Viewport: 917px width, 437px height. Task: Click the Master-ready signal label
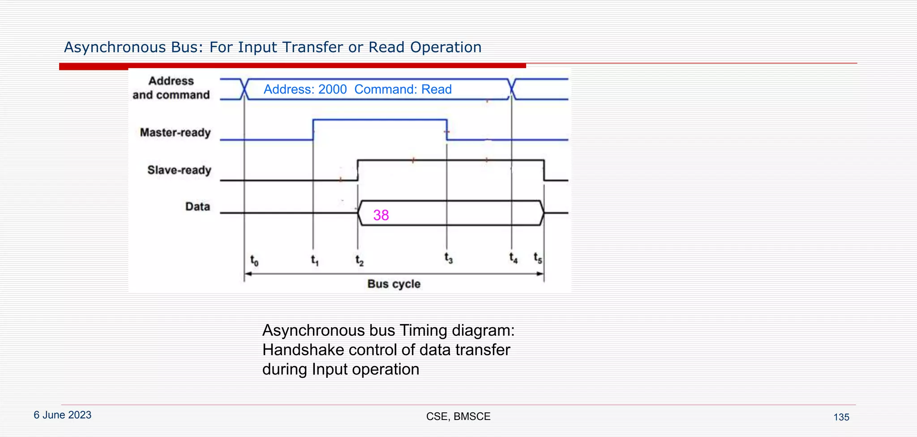coord(175,133)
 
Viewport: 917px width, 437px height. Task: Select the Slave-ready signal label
coord(179,170)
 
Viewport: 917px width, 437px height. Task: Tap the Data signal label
coord(197,206)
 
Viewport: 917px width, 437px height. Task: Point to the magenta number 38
coord(381,215)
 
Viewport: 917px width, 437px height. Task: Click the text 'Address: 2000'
coord(305,90)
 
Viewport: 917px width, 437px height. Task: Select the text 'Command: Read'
coord(403,90)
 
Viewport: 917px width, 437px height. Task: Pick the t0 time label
coord(254,260)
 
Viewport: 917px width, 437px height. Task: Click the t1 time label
coord(315,260)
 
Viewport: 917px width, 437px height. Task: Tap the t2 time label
coord(359,260)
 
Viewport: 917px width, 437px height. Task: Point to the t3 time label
coord(448,258)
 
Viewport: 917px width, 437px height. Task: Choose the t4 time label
coord(513,258)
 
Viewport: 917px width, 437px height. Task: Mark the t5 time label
coord(537,258)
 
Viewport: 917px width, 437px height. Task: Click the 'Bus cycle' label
coord(394,284)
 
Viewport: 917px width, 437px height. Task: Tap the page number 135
coord(841,417)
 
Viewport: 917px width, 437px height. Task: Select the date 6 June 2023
coord(63,415)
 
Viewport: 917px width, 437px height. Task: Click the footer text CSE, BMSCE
coord(458,416)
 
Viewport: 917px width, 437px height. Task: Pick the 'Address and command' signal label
coord(171,88)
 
